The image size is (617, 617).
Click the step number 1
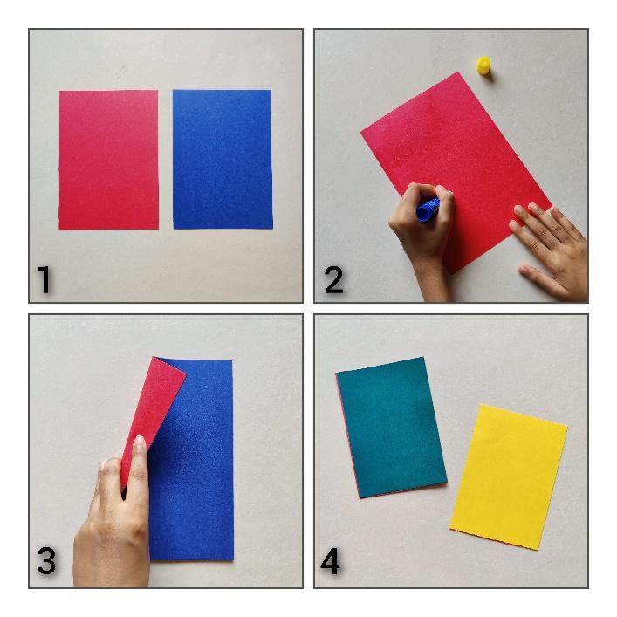[x=44, y=280]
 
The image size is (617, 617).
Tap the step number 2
[x=333, y=280]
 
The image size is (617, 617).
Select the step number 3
[x=46, y=561]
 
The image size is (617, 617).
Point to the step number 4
[x=330, y=561]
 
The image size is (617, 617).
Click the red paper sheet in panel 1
[x=109, y=161]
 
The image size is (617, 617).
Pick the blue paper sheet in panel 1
[x=223, y=160]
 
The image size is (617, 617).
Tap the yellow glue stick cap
[x=484, y=65]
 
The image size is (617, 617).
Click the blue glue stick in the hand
[x=428, y=209]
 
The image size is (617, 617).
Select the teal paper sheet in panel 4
[x=392, y=427]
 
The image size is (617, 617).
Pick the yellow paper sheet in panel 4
[x=509, y=476]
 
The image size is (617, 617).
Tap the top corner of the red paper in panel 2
[x=457, y=72]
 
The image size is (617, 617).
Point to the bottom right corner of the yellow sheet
[x=539, y=550]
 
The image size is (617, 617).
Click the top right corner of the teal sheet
[x=423, y=357]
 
